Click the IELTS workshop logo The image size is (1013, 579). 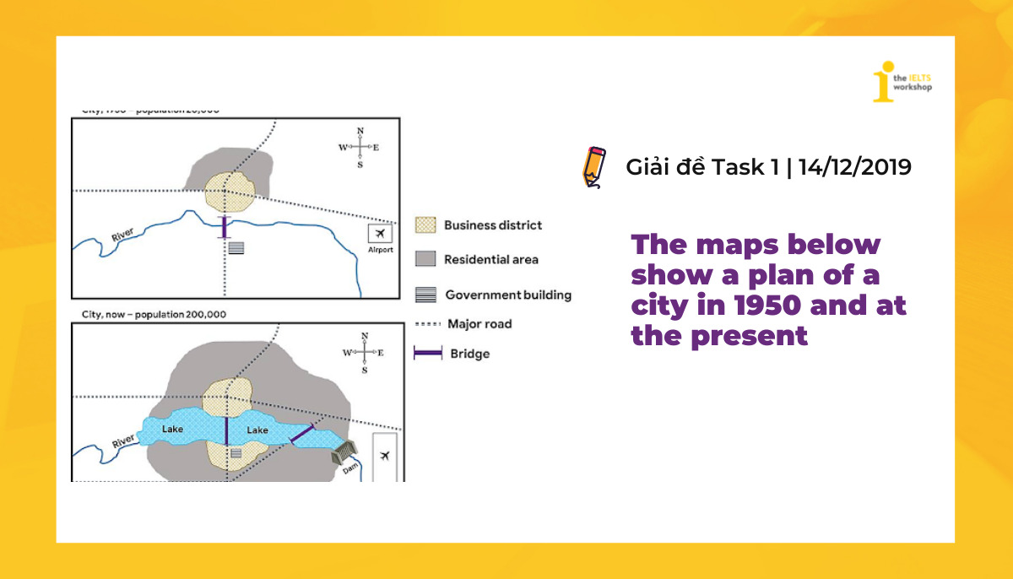(x=902, y=81)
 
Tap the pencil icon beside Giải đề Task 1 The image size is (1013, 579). (x=594, y=166)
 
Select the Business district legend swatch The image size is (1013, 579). (x=425, y=225)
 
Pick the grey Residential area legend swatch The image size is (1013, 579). (x=425, y=259)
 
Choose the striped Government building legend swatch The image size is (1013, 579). (x=425, y=295)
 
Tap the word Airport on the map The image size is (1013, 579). (x=380, y=250)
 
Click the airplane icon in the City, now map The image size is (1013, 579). (x=385, y=457)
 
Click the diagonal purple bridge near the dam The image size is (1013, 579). (x=301, y=434)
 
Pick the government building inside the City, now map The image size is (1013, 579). (x=236, y=453)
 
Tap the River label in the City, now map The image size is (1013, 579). (x=123, y=441)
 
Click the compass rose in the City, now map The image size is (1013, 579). (x=364, y=353)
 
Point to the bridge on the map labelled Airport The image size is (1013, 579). (x=224, y=227)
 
